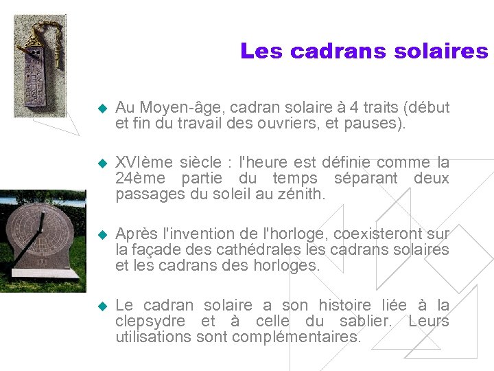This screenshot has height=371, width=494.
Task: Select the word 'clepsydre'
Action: (150, 322)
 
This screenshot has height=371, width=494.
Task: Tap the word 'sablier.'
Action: (368, 322)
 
